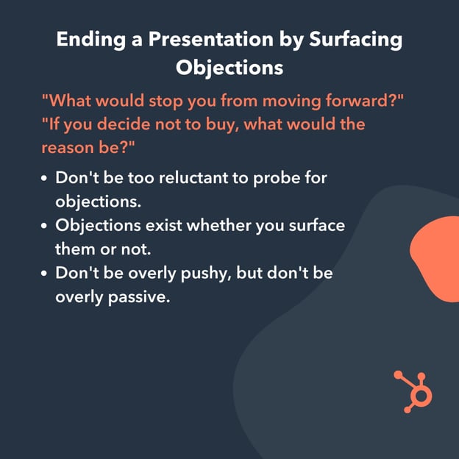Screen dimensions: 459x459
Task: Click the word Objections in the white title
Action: [229, 67]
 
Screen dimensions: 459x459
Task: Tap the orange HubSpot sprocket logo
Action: [415, 391]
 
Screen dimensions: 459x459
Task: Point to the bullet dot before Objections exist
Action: [46, 225]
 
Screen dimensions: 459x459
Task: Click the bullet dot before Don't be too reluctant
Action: [46, 178]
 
